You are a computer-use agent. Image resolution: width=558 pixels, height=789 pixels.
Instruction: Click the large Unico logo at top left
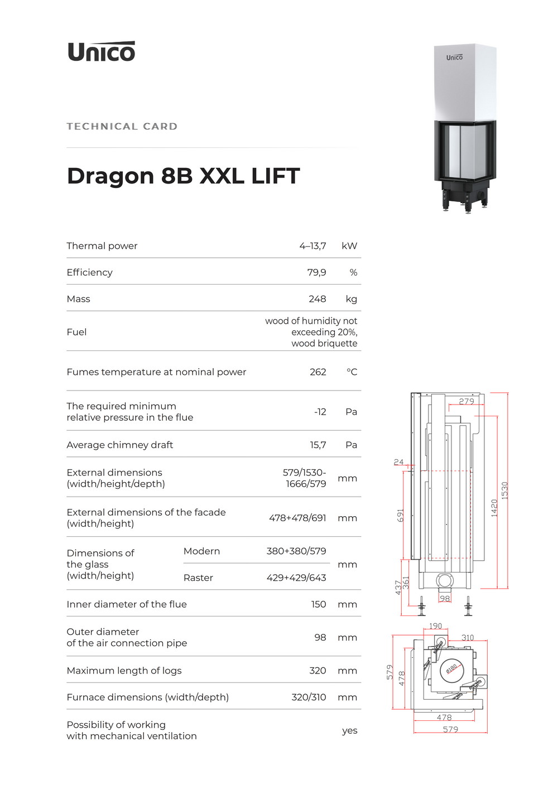click(x=101, y=51)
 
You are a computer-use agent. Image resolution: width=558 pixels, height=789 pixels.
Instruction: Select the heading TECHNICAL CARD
click(x=122, y=127)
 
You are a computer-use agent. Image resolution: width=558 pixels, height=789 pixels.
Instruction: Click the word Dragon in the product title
click(x=110, y=176)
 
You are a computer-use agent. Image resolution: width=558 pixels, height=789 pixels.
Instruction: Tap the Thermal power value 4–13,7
click(x=313, y=246)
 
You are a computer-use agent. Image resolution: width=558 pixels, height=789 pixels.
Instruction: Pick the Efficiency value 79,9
click(x=317, y=272)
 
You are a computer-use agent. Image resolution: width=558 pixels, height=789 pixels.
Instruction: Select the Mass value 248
click(x=318, y=299)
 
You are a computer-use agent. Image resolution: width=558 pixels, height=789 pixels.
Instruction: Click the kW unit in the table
click(x=349, y=246)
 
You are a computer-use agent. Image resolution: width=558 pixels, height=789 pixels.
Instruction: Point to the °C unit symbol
click(x=352, y=372)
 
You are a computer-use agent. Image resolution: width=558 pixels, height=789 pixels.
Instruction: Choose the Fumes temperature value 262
click(x=318, y=372)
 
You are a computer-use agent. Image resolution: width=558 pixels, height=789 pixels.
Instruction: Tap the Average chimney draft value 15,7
click(x=318, y=445)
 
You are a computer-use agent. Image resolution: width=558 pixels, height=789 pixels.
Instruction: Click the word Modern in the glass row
click(x=201, y=551)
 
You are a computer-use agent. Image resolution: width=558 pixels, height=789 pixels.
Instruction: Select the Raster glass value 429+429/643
click(x=296, y=578)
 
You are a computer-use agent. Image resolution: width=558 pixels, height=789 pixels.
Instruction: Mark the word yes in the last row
click(x=349, y=731)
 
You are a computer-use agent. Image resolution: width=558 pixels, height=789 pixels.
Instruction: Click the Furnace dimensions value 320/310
click(x=309, y=697)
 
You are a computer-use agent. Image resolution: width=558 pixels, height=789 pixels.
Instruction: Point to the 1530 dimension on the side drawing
click(x=505, y=490)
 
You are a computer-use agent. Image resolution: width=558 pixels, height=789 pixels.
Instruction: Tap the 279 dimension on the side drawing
click(x=466, y=401)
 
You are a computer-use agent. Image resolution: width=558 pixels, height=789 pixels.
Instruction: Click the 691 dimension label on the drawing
click(x=400, y=516)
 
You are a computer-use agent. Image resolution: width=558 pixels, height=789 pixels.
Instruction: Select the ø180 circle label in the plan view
click(x=451, y=668)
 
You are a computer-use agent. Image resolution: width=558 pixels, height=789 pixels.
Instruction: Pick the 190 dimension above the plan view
click(x=435, y=626)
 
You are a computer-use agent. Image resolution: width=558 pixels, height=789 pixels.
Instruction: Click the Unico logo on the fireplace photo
click(x=454, y=57)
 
